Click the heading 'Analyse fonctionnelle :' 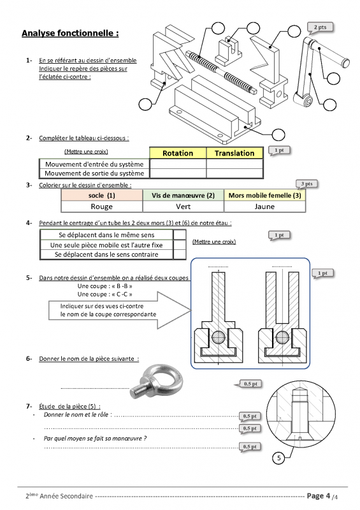70,33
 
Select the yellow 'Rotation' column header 178,153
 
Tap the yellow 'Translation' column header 234,153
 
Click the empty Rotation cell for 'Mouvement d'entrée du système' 178,164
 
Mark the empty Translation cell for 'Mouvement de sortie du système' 234,173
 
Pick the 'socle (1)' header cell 102,195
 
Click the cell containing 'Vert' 183,207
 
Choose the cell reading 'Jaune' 264,207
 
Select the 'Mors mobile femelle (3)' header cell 264,195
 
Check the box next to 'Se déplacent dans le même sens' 180,235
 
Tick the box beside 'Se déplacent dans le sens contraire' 180,254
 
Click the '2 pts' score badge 320,27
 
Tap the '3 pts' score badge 307,184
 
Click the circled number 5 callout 278,458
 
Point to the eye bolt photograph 157,381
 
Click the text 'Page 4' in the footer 319,496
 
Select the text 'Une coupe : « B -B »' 104,286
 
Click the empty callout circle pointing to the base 278,134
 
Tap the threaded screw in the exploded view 221,71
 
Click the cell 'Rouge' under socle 102,207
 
